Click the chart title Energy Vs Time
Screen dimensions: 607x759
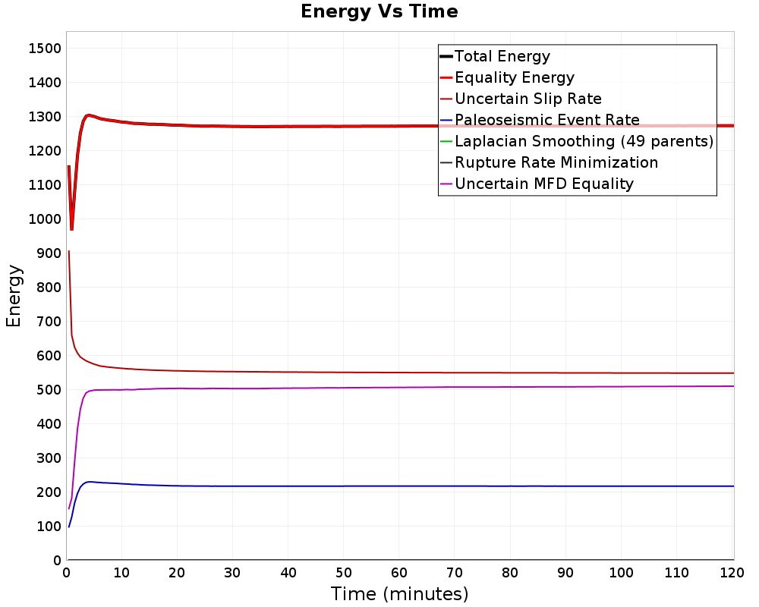click(379, 11)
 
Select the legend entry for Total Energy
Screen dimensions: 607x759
click(502, 56)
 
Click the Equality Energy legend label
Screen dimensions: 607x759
click(514, 77)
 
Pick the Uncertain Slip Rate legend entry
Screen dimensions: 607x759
click(528, 99)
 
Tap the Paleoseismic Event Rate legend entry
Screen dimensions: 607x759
click(546, 120)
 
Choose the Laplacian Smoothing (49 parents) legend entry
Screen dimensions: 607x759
click(583, 141)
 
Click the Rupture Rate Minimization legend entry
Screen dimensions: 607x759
click(556, 162)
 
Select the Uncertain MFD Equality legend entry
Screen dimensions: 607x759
click(543, 184)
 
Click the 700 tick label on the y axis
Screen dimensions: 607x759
click(46, 322)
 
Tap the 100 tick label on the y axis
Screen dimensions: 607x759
click(46, 527)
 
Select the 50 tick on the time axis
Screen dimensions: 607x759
click(344, 574)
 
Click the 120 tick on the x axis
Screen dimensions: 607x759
click(732, 574)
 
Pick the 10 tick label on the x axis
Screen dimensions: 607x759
click(121, 574)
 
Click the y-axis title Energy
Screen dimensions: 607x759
click(13, 295)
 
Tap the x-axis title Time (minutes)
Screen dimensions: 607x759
click(399, 593)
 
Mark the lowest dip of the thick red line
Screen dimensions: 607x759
click(71, 228)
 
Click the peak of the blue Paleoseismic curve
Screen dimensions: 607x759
click(90, 482)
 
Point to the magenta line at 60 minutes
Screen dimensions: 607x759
click(399, 387)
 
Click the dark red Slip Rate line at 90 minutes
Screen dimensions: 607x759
click(566, 373)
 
